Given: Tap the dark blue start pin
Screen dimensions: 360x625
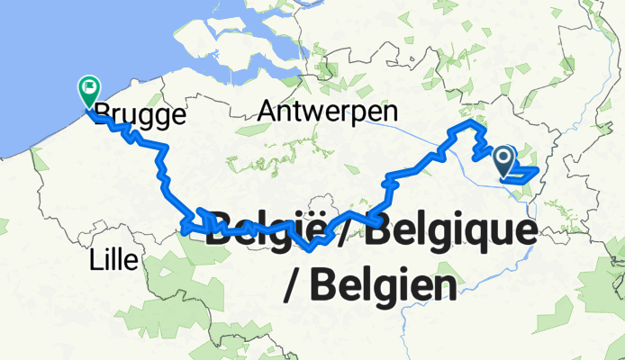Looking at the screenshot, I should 503,161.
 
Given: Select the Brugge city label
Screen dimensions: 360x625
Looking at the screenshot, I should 140,115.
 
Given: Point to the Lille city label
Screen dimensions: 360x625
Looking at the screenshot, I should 113,261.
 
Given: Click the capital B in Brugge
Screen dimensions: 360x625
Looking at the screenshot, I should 103,115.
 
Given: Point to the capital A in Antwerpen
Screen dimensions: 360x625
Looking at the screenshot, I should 267,112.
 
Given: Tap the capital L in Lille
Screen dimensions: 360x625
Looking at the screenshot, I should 95,261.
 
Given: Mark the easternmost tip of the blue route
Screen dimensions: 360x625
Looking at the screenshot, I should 538,169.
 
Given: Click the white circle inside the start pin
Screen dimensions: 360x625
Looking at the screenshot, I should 503,157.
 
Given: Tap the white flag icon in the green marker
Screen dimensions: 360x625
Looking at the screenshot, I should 89,87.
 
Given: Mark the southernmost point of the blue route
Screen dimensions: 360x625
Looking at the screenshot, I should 310,250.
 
